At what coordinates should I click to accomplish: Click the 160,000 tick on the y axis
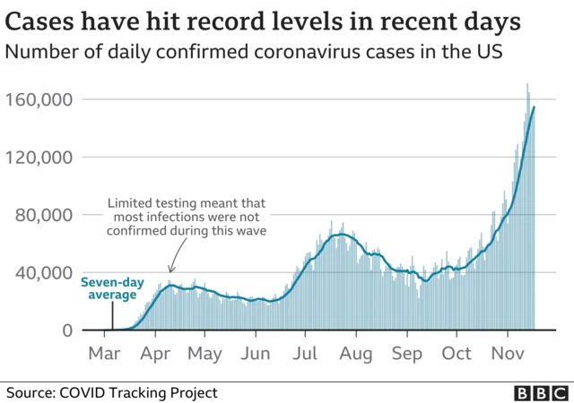pos(41,99)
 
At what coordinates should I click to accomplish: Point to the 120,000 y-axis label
pos(41,158)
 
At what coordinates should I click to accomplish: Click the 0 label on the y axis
pos(67,330)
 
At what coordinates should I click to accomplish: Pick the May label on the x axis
pos(205,354)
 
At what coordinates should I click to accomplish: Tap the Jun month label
pos(257,354)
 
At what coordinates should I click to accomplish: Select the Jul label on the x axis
pos(306,354)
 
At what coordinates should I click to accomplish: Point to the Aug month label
pos(358,354)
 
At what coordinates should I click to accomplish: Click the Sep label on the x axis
pos(408,354)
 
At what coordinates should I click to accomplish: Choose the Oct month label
pos(457,354)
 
